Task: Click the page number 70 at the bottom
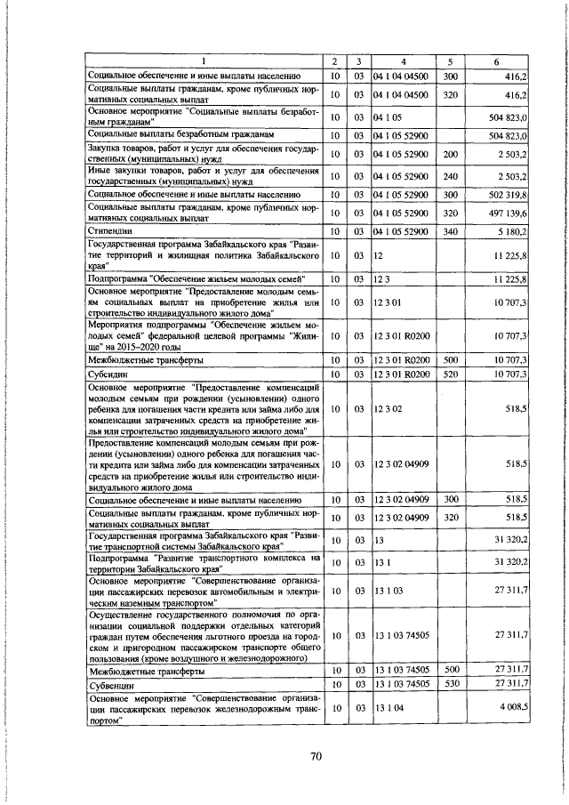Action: pos(315,756)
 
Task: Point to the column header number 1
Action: pos(203,61)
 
